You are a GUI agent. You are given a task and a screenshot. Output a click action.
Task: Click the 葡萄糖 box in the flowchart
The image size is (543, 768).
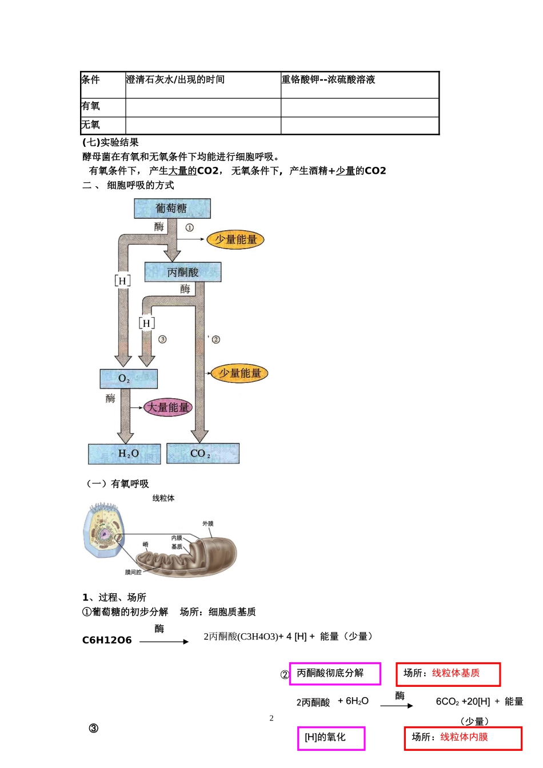172,209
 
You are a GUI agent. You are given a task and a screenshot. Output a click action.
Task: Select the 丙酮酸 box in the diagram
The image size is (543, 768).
183,272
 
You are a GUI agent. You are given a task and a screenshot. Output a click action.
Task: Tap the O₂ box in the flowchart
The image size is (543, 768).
128,378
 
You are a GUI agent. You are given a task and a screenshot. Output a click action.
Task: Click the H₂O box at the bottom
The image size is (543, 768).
125,454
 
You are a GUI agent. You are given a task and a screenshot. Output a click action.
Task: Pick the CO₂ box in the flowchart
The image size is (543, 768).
202,454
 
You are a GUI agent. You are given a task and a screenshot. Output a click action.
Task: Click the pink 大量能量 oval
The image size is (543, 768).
167,407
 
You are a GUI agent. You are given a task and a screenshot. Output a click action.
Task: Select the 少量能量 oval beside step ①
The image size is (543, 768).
235,239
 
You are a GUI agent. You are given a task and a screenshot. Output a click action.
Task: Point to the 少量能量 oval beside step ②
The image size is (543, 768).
239,374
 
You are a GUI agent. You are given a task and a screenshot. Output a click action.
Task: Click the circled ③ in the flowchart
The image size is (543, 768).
162,339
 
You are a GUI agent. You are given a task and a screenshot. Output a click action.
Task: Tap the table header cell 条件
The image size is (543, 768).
91,80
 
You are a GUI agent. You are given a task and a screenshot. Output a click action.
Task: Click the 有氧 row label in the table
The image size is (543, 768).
91,106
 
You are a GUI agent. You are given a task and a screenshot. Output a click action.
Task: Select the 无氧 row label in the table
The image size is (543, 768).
91,125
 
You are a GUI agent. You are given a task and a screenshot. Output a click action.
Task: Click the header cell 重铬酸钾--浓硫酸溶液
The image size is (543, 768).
328,80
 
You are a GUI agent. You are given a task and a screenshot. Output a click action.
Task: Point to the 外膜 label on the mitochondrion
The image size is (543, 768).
208,523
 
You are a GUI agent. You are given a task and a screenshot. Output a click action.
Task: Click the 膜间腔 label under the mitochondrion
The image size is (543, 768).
133,572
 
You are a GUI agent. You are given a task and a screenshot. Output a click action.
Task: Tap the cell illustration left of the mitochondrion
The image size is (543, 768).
103,531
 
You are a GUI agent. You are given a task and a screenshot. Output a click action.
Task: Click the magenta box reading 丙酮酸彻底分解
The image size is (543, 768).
335,674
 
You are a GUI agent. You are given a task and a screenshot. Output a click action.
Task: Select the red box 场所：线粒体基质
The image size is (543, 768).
448,674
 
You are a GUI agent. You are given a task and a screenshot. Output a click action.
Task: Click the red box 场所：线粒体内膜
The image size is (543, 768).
463,738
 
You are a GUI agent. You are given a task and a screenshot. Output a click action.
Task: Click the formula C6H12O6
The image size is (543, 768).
107,641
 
